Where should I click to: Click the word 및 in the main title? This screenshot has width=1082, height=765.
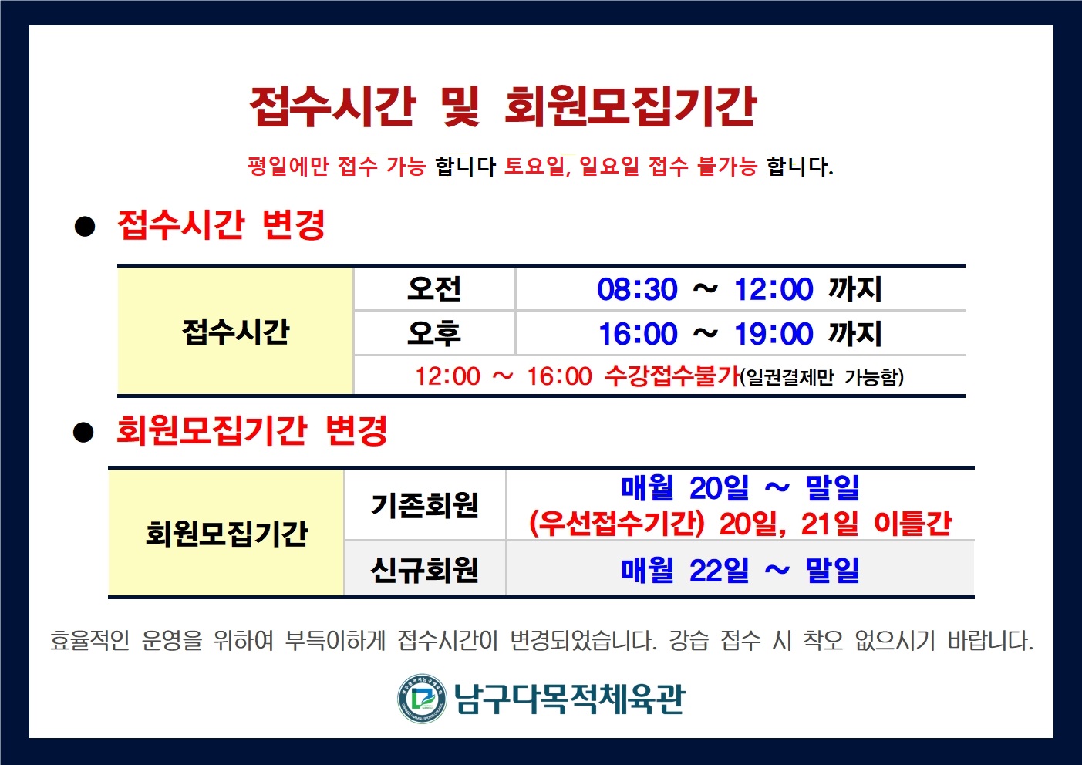click(460, 106)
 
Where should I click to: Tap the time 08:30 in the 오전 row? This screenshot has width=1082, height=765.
click(638, 289)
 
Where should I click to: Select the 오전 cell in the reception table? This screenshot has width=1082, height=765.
click(434, 289)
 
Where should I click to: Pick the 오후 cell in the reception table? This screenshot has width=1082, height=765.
click(434, 333)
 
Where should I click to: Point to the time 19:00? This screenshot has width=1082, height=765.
click(774, 334)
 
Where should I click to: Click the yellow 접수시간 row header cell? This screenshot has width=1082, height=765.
click(235, 331)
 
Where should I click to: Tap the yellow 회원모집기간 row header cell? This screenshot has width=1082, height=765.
click(226, 533)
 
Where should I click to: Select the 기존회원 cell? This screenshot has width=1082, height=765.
click(425, 505)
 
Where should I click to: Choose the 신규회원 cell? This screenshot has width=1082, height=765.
click(425, 569)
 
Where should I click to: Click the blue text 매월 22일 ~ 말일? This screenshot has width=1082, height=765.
click(740, 570)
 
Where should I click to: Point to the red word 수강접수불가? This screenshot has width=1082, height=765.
click(672, 376)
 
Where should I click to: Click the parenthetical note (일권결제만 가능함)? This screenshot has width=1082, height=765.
click(821, 377)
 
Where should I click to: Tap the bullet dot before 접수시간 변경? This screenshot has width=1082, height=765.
click(85, 226)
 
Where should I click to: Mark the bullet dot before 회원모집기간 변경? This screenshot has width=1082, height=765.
click(83, 432)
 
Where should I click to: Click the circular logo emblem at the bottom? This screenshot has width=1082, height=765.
click(422, 699)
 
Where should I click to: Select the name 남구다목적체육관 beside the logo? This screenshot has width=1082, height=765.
click(570, 699)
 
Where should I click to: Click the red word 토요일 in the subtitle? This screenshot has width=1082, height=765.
click(535, 166)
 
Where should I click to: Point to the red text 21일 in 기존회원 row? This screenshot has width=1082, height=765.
click(830, 524)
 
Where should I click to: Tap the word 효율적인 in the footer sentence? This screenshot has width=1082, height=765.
click(89, 641)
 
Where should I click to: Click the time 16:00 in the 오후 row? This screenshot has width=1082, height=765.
click(638, 334)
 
